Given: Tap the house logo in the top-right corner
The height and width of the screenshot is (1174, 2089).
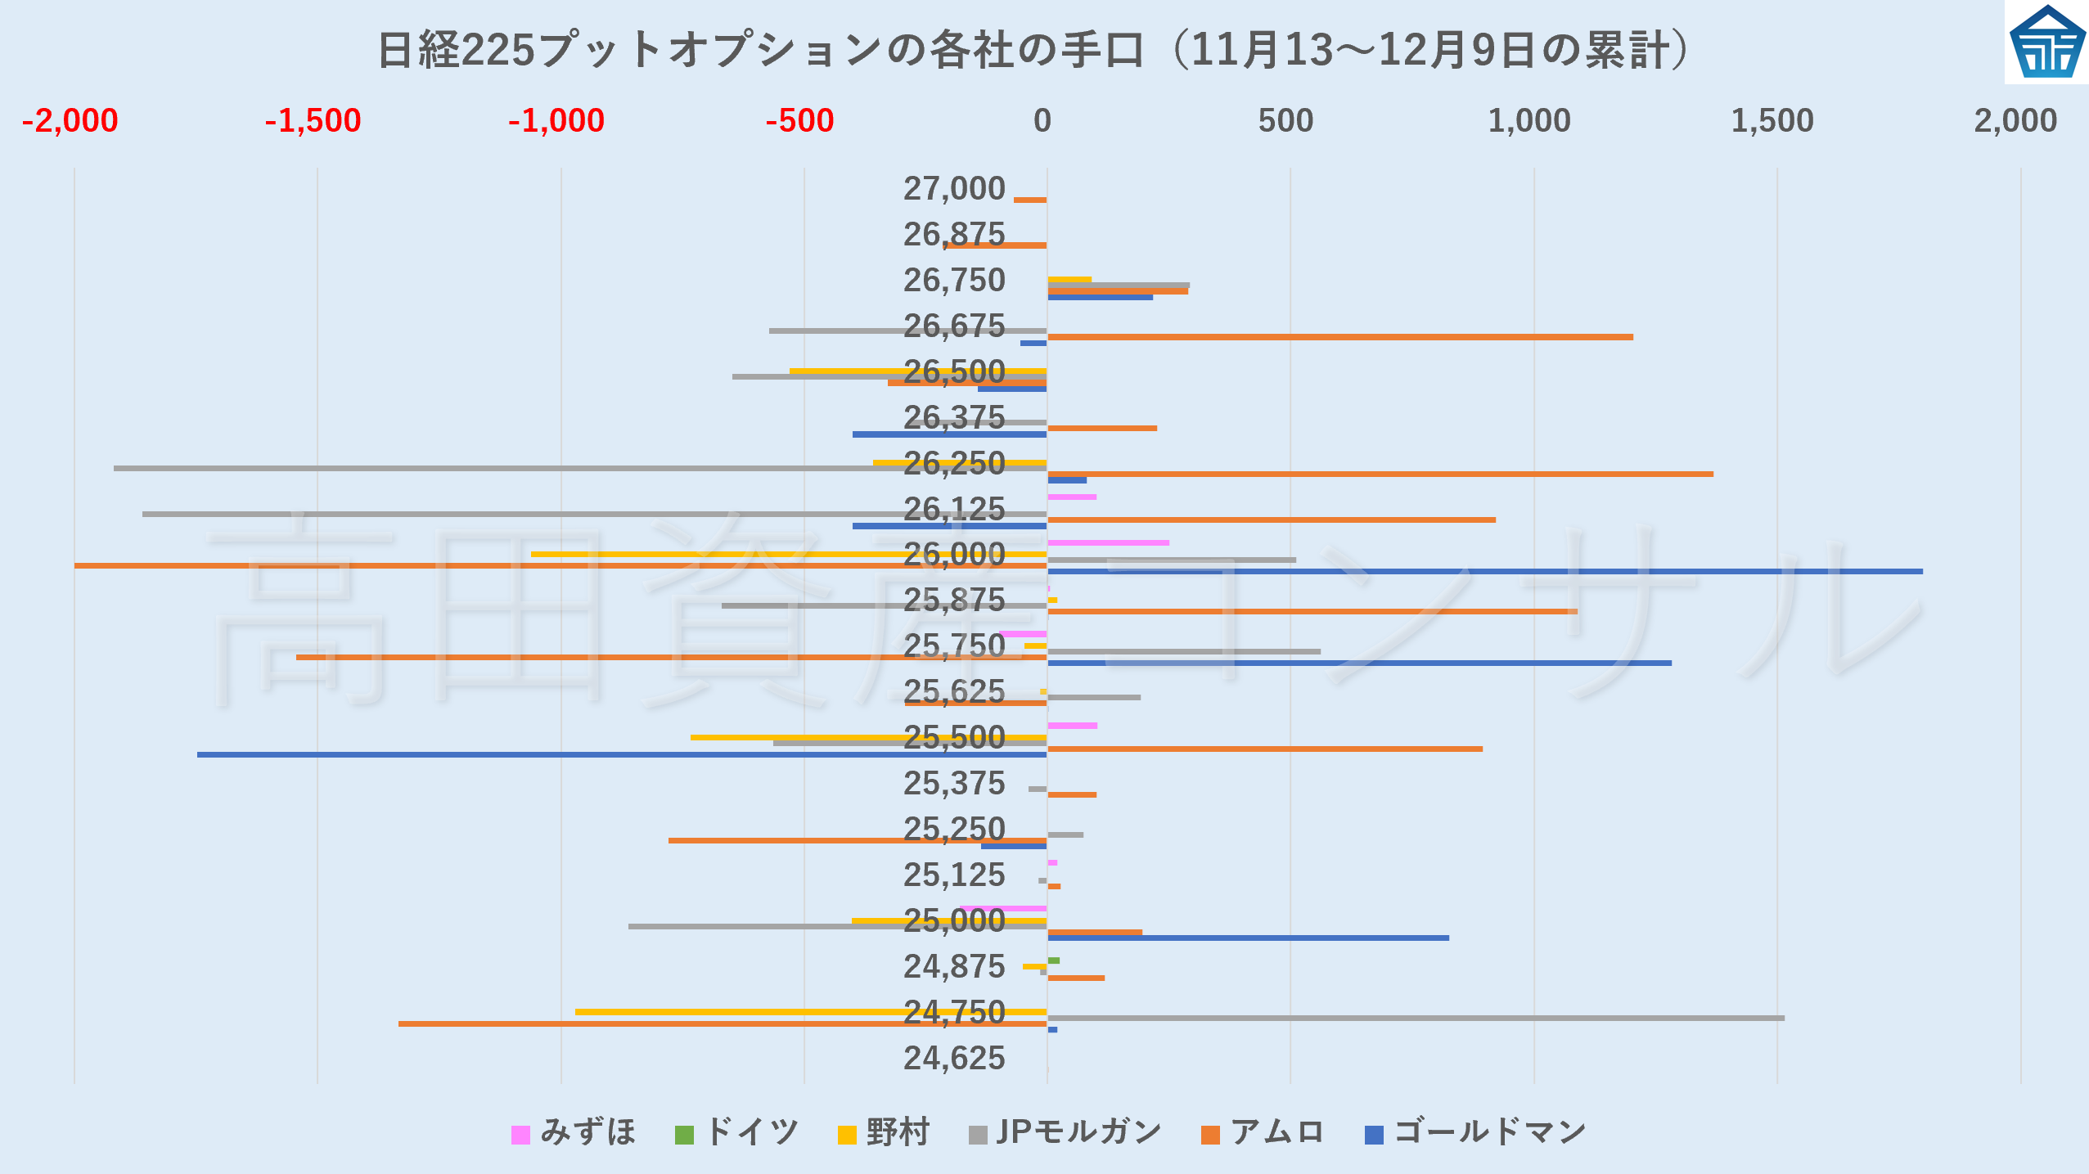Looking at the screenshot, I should [x=2047, y=43].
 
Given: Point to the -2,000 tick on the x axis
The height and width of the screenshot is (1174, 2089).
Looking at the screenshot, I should [x=70, y=121].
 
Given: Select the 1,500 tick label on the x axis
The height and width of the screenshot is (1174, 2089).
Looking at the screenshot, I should [x=1772, y=121].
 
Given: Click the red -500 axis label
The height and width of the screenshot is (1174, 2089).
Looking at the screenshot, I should [x=799, y=121].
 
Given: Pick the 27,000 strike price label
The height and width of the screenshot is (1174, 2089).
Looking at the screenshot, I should [x=953, y=189].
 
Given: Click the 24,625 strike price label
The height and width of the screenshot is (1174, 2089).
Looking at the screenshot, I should [x=953, y=1059].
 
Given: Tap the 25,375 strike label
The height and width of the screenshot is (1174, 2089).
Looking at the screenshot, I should [x=953, y=784].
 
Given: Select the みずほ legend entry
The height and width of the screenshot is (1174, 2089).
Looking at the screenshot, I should [x=574, y=1133].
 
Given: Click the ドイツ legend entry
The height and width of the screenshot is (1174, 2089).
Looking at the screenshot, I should [x=736, y=1133].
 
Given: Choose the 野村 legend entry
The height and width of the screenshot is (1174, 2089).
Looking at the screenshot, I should [x=884, y=1133].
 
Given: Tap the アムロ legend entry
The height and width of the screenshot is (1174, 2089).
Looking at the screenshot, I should [x=1263, y=1133].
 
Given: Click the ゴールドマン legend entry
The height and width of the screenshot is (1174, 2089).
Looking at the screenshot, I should [x=1475, y=1133].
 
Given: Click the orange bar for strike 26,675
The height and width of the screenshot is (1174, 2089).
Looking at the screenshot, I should [x=1339, y=337].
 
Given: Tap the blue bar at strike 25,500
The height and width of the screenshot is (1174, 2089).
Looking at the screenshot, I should [x=622, y=754].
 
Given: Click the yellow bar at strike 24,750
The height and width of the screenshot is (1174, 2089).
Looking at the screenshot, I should [x=810, y=1012].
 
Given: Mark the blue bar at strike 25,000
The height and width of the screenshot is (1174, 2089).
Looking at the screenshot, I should [x=1248, y=938].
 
